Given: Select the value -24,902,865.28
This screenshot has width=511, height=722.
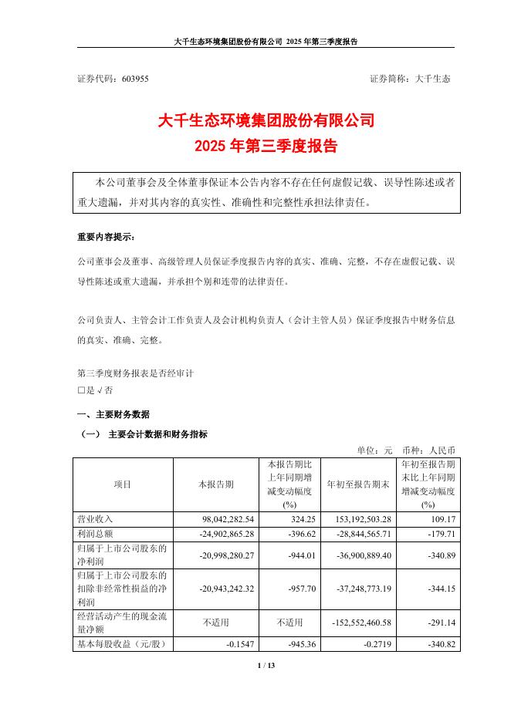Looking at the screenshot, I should click(222, 534).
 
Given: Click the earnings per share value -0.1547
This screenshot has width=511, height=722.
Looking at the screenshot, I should click(232, 643).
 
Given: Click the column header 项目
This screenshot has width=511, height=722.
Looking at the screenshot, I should click(123, 484).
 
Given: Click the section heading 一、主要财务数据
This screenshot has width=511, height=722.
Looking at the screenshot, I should click(113, 414).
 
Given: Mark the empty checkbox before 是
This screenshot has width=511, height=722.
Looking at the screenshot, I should click(81, 390).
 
